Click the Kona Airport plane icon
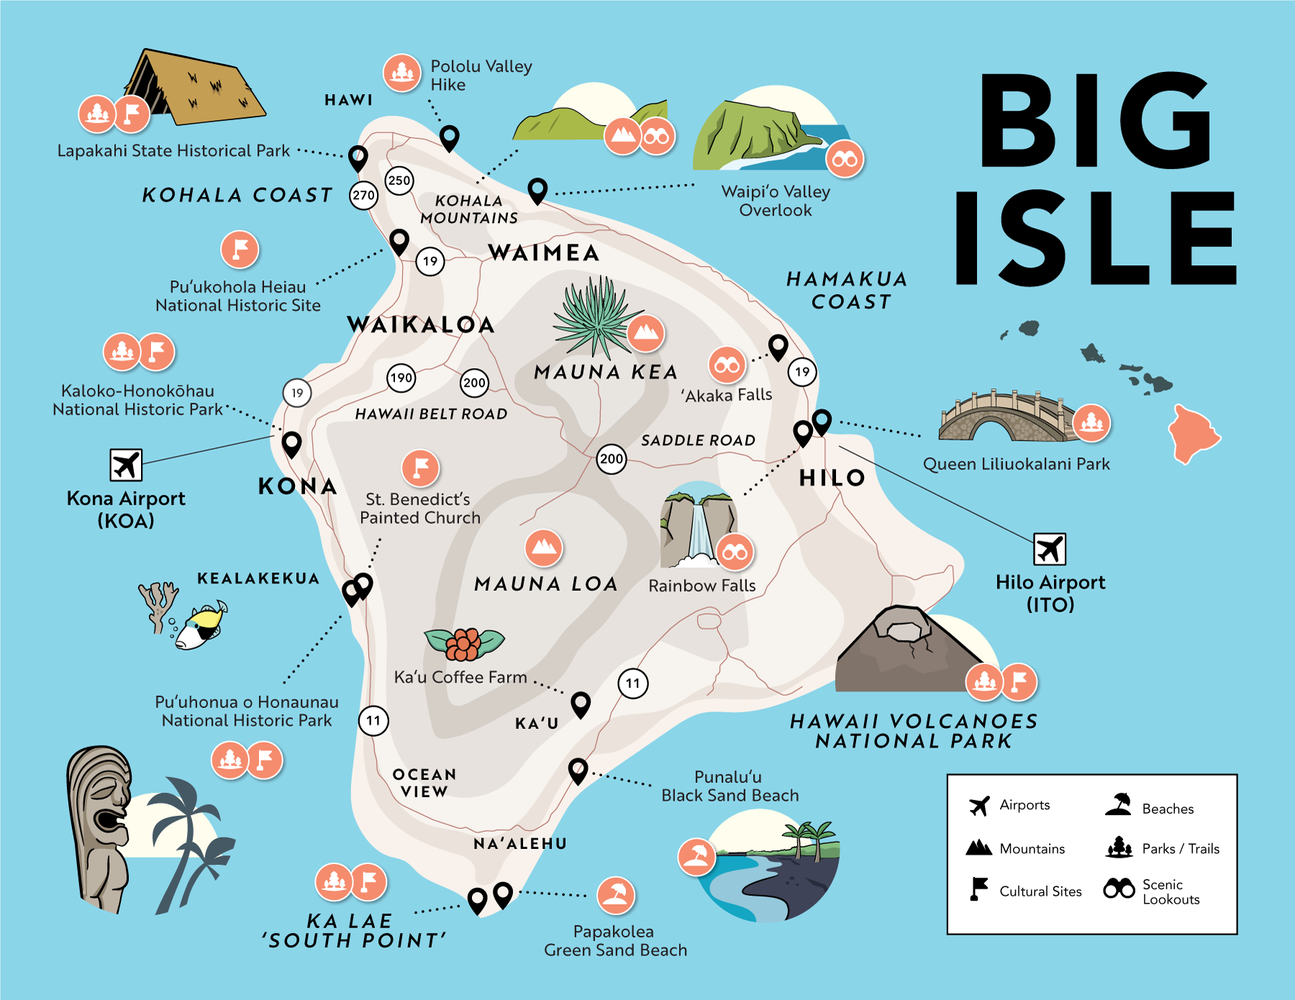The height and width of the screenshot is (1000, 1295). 126,464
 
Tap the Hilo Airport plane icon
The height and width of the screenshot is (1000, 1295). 1050,549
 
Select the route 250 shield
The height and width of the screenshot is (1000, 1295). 399,180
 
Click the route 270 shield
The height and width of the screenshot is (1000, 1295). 363,195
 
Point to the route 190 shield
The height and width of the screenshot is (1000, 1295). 401,377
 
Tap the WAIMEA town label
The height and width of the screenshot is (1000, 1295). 544,253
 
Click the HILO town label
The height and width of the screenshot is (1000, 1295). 832,477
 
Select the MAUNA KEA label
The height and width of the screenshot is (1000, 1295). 606,372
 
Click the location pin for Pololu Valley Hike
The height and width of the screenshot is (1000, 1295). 450,136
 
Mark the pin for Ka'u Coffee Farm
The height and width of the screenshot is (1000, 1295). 581,703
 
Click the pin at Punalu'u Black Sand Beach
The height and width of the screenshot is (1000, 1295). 578,769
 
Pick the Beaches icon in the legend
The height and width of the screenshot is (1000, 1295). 1119,804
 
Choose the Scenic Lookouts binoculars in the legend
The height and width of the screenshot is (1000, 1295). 1119,889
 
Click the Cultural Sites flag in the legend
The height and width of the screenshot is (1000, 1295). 978,889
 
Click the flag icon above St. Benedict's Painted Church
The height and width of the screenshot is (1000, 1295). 421,468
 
